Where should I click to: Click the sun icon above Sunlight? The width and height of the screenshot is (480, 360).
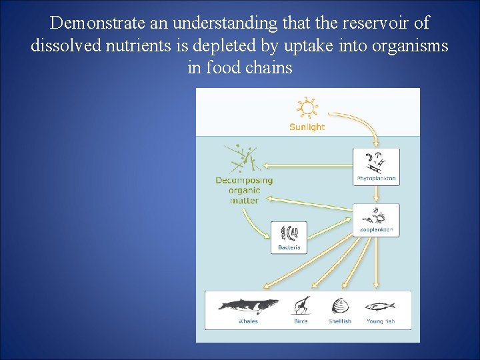coord(307,109)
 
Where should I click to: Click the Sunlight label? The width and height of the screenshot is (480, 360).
coord(307,127)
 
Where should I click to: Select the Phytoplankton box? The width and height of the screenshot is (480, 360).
coord(377,167)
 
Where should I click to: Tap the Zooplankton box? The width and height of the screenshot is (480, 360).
coord(377,220)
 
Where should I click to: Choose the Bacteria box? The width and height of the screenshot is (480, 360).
coord(289,237)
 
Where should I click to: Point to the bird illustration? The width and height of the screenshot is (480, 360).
coord(301,305)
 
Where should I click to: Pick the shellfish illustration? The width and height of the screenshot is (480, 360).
coord(340,306)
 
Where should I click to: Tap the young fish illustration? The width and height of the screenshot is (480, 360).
coord(380,306)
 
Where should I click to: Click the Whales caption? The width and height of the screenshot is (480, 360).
coord(248,321)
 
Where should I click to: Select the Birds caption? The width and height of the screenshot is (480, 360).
coord(301,321)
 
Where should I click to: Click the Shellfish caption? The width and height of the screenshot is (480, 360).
coord(340,321)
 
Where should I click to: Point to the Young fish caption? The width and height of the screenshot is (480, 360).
coord(381,321)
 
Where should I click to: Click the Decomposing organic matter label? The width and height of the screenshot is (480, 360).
coord(244,190)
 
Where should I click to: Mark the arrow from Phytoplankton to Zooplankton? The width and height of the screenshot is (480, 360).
coord(377,194)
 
